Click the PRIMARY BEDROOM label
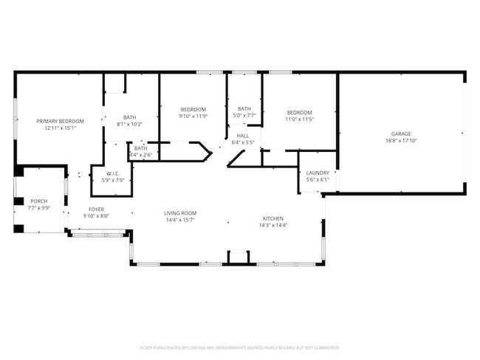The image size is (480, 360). tap(61, 121)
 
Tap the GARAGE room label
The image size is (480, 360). tap(401, 134)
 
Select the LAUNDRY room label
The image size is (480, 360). tap(318, 173)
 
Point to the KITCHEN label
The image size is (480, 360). tap(273, 219)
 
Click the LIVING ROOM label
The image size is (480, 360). tap(180, 213)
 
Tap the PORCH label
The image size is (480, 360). tap(38, 201)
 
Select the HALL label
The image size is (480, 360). tap(243, 136)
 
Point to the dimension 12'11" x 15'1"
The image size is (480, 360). tap(61, 128)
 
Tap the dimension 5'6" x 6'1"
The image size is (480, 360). tap(318, 179)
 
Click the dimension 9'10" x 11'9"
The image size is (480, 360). tap(193, 116)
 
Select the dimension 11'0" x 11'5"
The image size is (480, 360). tap(300, 119)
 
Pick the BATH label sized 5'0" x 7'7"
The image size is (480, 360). tap(244, 108)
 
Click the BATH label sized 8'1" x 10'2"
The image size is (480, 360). tap(130, 117)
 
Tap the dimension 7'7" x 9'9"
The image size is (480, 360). tap(38, 208)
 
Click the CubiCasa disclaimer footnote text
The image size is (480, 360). tap(239, 347)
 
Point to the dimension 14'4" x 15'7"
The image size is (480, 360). tap(180, 220)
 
